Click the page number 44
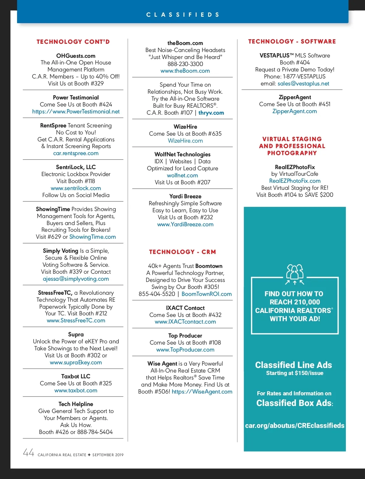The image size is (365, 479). (x=29, y=453)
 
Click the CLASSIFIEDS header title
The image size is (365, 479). (x=182, y=15)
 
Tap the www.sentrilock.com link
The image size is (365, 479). (x=76, y=188)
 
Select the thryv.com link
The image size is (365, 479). (x=211, y=113)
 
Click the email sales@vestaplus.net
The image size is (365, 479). (x=303, y=84)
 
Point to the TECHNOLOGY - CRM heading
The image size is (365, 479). (x=182, y=252)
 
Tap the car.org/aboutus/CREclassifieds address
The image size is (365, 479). (x=295, y=425)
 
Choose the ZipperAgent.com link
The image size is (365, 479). (x=294, y=111)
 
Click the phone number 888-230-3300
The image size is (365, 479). (x=185, y=64)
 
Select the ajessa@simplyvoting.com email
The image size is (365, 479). (x=76, y=279)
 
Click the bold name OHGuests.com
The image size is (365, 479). (x=76, y=56)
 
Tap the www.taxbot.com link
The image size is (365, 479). (x=76, y=390)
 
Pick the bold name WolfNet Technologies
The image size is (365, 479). (x=182, y=154)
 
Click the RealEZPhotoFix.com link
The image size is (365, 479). (x=295, y=181)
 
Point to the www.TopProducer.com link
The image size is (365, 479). (x=185, y=350)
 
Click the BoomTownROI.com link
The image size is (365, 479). (x=207, y=294)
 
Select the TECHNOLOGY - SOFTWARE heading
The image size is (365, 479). (x=292, y=41)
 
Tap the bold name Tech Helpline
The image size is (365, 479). (x=76, y=404)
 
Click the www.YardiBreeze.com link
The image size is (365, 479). (x=185, y=224)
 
